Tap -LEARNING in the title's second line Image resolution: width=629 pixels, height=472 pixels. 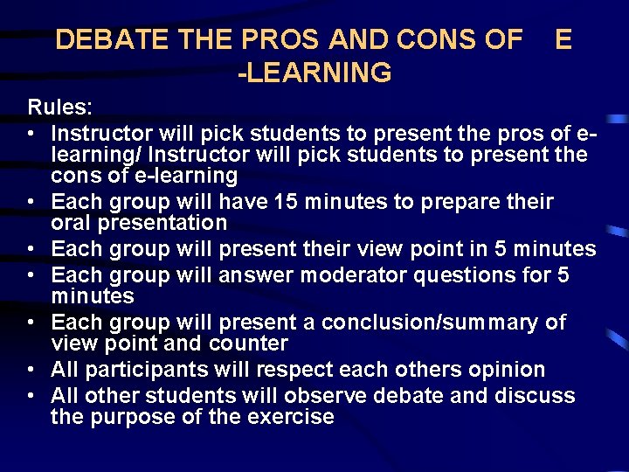tap(314, 73)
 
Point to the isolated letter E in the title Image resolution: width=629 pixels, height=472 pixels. tap(563, 40)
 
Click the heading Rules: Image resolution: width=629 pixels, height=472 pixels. tap(58, 108)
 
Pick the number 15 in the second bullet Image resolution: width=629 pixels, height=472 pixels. tap(284, 202)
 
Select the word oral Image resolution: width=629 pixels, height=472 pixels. tap(73, 223)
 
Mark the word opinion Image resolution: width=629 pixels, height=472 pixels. tap(500, 370)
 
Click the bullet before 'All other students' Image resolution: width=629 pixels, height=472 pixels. tap(31, 396)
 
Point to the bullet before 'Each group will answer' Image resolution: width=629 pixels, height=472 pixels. tap(31, 275)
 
